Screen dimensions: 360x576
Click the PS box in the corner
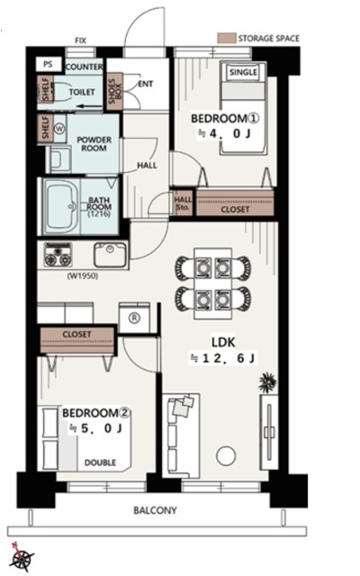click(x=48, y=64)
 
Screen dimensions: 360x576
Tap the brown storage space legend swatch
click(x=226, y=39)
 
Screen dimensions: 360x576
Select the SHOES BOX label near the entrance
click(x=114, y=91)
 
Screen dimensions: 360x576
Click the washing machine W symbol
click(x=58, y=129)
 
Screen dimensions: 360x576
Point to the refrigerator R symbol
click(x=135, y=318)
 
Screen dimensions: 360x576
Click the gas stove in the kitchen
click(x=58, y=254)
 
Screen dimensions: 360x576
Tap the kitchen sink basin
click(x=110, y=254)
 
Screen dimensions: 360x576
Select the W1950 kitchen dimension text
click(x=83, y=275)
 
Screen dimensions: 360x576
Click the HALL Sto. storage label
click(x=183, y=203)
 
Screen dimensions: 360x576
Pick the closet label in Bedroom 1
click(x=235, y=210)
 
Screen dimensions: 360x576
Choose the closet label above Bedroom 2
click(x=76, y=334)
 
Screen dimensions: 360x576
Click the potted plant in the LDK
click(x=267, y=382)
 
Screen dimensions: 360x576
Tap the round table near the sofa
click(x=226, y=456)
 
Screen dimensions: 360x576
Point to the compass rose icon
click(x=22, y=558)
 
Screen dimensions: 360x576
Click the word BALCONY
click(x=155, y=510)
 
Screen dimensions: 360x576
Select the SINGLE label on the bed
click(x=243, y=72)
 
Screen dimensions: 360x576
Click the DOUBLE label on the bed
click(x=100, y=463)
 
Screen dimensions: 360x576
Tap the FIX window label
click(x=80, y=40)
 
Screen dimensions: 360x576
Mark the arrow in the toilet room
click(x=90, y=107)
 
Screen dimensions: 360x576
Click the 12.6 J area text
click(x=222, y=358)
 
